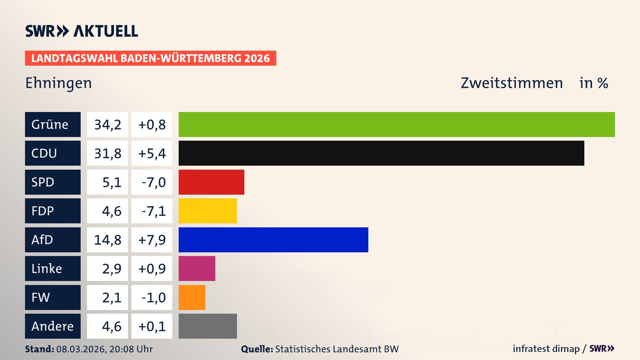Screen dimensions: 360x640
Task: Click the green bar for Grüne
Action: pyautogui.click(x=397, y=124)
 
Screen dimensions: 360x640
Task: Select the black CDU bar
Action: pyautogui.click(x=381, y=153)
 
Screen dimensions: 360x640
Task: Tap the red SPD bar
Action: pyautogui.click(x=211, y=182)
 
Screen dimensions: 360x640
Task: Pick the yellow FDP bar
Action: pyautogui.click(x=208, y=211)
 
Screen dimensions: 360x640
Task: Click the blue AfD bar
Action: pyautogui.click(x=273, y=240)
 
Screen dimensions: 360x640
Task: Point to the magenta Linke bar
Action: pyautogui.click(x=197, y=268)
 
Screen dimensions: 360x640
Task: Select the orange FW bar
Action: pyautogui.click(x=192, y=297)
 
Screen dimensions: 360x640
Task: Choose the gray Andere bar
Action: pyautogui.click(x=208, y=326)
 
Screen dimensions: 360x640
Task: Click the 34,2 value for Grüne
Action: pyautogui.click(x=107, y=125)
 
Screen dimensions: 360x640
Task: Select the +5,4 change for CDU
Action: pyautogui.click(x=152, y=153)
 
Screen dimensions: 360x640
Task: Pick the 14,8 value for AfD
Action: pyautogui.click(x=107, y=240)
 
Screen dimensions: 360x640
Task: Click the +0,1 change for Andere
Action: pyautogui.click(x=152, y=326)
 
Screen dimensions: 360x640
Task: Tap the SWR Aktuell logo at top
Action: pyautogui.click(x=82, y=31)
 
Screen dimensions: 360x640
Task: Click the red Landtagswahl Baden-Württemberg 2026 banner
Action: pyautogui.click(x=150, y=58)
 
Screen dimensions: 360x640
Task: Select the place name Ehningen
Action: pyautogui.click(x=59, y=83)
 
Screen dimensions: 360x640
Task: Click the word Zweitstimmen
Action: pyautogui.click(x=512, y=83)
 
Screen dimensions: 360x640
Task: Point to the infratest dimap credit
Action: pyautogui.click(x=546, y=349)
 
